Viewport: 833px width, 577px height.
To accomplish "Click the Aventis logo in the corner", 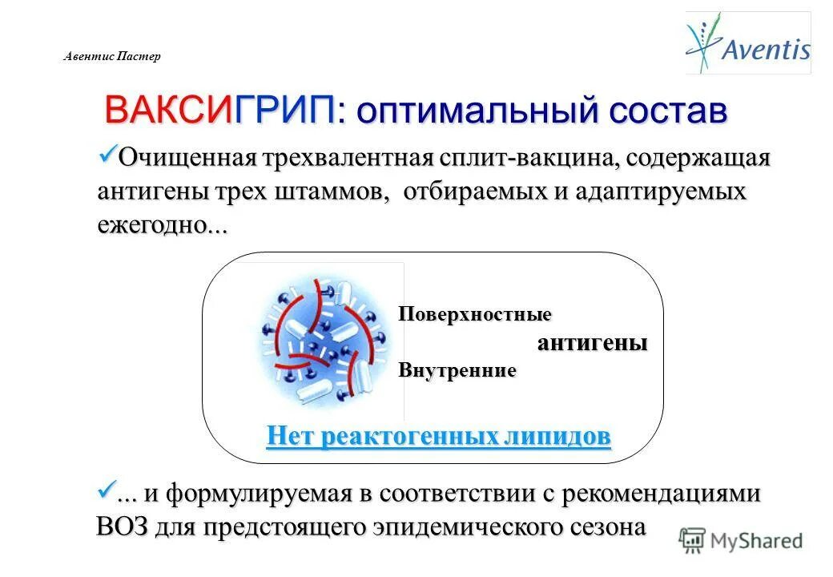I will click(747, 43).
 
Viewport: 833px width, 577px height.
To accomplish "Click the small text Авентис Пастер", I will click(112, 56).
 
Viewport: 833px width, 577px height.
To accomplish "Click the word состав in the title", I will click(667, 111).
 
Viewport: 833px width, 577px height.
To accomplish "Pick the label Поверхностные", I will click(475, 314).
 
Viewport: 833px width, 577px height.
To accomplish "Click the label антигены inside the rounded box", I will click(592, 343).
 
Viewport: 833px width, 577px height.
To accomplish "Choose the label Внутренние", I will click(457, 371).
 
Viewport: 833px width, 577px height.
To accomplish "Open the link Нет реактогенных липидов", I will click(438, 437).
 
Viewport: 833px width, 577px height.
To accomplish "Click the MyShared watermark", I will click(741, 541).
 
